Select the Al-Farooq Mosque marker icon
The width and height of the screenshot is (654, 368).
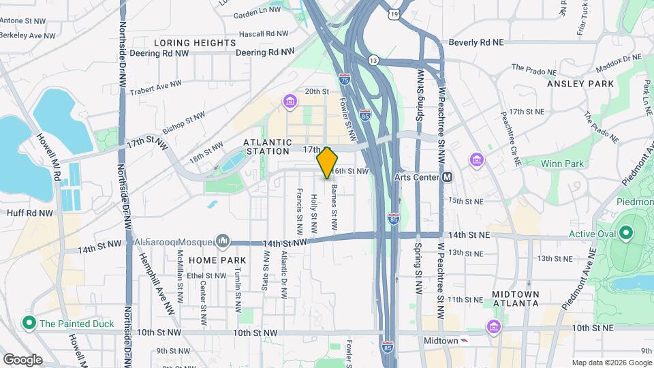coord(223,241)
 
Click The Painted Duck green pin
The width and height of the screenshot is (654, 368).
coord(29,322)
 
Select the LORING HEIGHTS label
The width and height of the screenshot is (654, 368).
coord(195,43)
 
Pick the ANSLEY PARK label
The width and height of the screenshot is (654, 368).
coord(580,84)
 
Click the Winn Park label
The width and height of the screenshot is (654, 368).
coord(562,164)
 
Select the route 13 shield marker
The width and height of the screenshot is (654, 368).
coord(373,61)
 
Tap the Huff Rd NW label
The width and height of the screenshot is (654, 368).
coord(31,213)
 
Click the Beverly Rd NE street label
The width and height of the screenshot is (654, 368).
coord(476,42)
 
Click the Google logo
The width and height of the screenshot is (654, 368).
coord(22,359)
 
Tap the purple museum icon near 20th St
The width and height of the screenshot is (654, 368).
coord(291,102)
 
